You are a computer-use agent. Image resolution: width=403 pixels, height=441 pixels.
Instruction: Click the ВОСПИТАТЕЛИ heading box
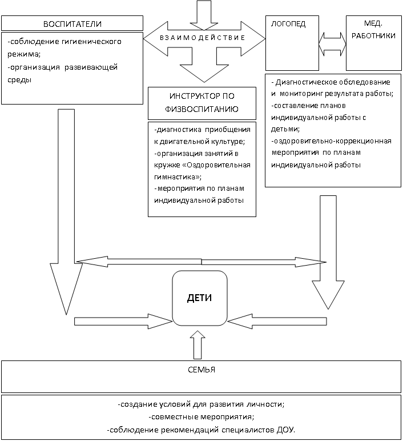point(72,23)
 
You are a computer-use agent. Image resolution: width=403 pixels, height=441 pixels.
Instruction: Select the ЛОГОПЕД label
point(288,23)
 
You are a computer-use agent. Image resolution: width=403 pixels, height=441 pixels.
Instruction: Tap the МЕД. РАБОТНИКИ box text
point(373,29)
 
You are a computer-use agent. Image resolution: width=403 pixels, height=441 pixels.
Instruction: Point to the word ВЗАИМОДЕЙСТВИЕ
point(203,38)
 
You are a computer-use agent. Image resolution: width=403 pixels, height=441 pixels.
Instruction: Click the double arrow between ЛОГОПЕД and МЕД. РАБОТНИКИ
point(332,44)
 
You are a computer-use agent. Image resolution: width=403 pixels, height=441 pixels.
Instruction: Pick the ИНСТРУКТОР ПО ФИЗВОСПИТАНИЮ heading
point(201,103)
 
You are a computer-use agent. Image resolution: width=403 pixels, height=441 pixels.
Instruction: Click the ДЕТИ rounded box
point(200,298)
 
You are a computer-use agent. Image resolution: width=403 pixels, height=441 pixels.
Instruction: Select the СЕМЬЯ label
point(201,370)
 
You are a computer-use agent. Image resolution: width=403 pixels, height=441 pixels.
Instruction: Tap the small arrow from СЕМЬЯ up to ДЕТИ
point(198,344)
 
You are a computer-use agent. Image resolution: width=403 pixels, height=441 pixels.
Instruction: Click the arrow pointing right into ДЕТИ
point(123,321)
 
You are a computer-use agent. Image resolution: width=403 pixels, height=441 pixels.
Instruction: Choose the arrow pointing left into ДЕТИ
point(277,321)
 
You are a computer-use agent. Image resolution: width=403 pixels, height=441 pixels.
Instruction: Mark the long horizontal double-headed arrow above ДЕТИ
point(201,262)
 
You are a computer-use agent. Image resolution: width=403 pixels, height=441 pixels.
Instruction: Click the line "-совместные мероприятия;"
point(201,417)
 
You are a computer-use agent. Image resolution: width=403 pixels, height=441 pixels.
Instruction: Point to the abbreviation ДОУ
point(286,430)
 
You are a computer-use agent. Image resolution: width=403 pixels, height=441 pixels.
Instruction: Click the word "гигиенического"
point(91,42)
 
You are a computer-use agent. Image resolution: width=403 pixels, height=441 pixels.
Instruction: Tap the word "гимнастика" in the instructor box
point(176,177)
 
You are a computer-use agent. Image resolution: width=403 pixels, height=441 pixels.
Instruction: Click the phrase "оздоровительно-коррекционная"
point(331,141)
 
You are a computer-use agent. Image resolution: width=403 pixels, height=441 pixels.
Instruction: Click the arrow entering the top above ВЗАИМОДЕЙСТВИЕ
point(204,15)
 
